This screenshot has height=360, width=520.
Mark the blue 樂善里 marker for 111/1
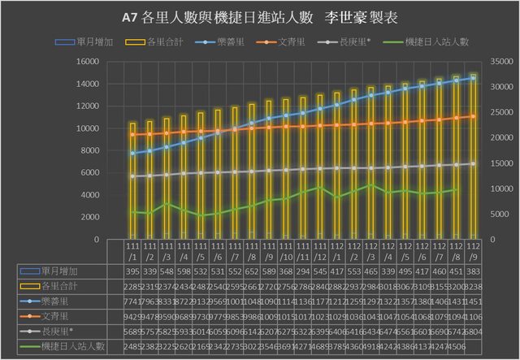pos(132,153)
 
